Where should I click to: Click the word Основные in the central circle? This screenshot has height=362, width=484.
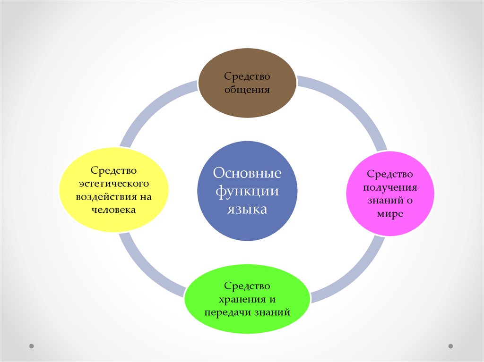[x=247, y=173]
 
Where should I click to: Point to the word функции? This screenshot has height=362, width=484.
[x=247, y=191]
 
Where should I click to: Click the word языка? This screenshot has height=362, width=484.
[x=247, y=209]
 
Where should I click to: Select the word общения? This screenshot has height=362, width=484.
[x=247, y=89]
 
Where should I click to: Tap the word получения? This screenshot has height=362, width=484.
[x=390, y=187]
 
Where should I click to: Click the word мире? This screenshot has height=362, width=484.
[x=390, y=213]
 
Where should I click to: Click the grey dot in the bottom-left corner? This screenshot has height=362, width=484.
[x=32, y=346]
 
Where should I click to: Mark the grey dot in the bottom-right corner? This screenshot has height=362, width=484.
[x=450, y=346]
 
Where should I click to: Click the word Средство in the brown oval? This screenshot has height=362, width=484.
[x=247, y=76]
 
